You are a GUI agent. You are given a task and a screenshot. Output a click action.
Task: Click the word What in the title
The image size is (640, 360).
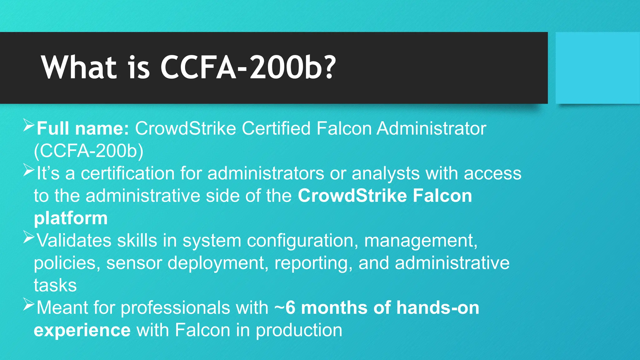click(79, 67)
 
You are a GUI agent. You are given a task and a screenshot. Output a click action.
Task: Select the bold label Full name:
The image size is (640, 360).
click(83, 128)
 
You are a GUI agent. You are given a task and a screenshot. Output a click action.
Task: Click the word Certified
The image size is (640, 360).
click(276, 128)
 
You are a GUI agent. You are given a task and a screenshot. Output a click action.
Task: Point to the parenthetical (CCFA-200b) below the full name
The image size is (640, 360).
click(89, 151)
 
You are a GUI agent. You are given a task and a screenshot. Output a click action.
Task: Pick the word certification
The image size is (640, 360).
click(127, 173)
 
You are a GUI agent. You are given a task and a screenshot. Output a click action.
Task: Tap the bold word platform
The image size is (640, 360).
click(71, 218)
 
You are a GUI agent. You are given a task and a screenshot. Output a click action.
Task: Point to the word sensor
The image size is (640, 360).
click(134, 263)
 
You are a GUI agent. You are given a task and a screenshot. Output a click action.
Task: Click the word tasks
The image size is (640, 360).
click(55, 285)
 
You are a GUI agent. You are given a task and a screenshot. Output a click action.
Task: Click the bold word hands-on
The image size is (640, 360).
click(437, 307)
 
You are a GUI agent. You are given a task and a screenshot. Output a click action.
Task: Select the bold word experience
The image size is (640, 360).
click(82, 331)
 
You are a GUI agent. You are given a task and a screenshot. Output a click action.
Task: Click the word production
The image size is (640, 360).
click(299, 330)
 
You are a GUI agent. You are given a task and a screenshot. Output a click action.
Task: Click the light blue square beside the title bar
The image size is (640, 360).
click(597, 68)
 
